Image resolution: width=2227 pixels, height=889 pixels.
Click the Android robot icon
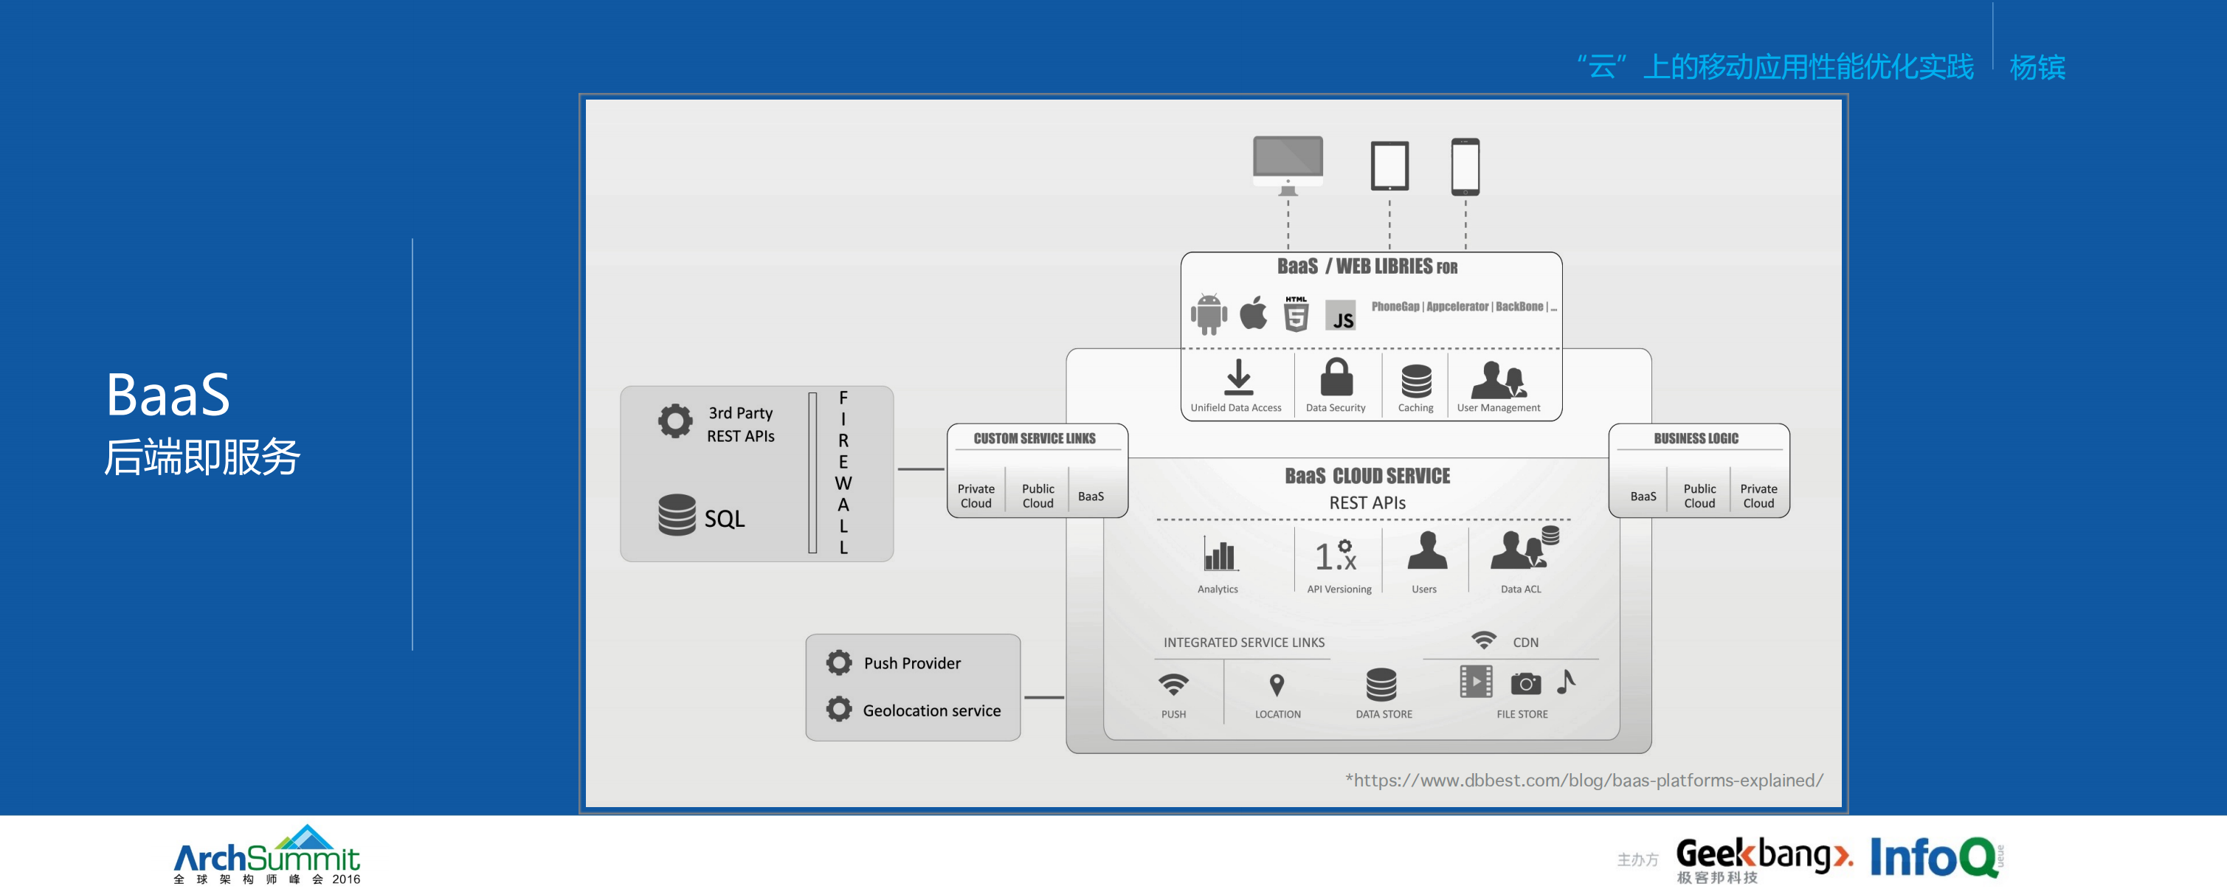coord(1208,314)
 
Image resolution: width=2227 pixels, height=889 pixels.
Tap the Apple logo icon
coord(1253,313)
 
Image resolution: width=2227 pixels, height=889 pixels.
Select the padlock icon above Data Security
coord(1336,378)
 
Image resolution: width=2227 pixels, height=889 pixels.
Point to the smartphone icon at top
coord(1465,166)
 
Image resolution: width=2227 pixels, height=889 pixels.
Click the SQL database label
coord(724,519)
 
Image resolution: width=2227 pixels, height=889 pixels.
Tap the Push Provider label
coord(911,663)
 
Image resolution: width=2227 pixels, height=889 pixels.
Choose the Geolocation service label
coord(931,710)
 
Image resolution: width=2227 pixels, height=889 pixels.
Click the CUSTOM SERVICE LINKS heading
coord(1034,438)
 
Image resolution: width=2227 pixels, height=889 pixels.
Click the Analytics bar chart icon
coord(1219,554)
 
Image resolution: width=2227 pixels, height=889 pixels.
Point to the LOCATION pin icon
coord(1276,685)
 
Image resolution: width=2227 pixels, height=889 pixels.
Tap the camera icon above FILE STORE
coord(1525,683)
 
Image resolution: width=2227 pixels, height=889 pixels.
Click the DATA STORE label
coord(1384,714)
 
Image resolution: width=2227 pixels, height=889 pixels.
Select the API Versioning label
coord(1339,589)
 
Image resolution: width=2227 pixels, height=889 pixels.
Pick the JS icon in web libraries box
coord(1341,318)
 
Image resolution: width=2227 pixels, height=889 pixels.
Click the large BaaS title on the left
coord(168,395)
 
